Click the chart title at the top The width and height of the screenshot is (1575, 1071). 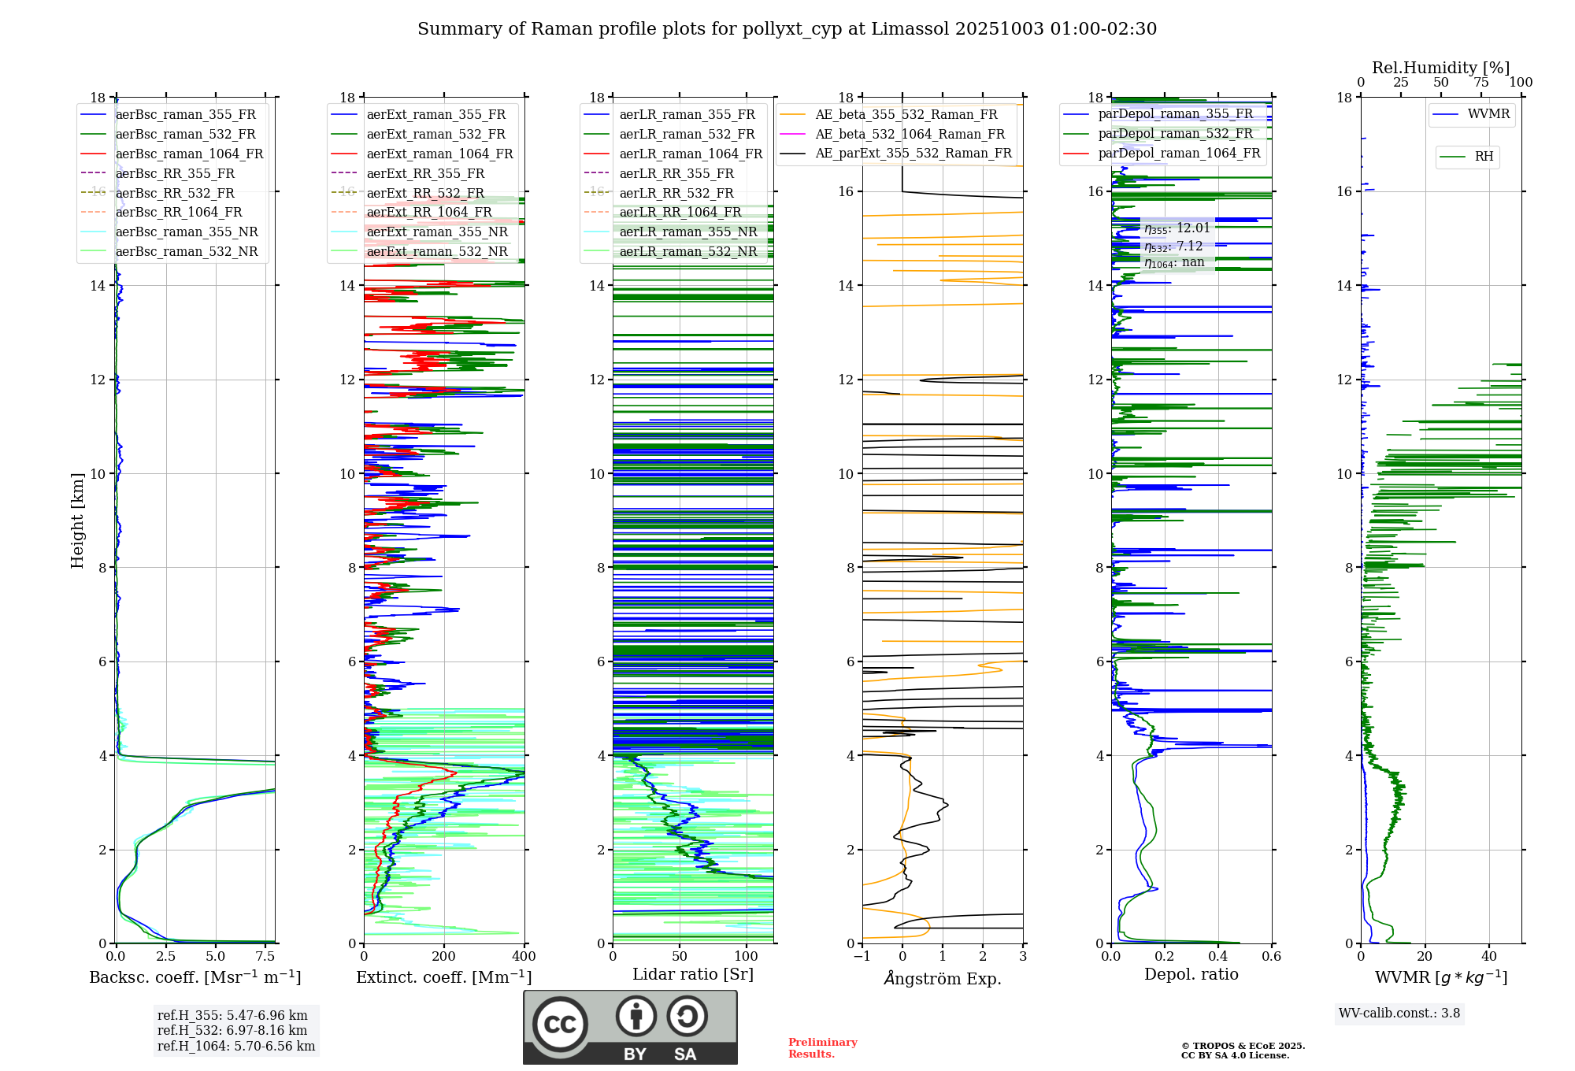(787, 29)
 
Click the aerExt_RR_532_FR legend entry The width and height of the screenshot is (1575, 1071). (425, 193)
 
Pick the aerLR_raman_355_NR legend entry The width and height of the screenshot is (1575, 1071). (687, 232)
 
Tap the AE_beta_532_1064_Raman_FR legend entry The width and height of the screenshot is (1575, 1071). (910, 134)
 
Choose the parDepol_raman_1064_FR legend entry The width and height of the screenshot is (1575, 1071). (1179, 153)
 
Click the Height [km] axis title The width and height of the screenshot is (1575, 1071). (77, 520)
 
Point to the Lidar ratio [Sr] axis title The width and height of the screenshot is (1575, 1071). (693, 974)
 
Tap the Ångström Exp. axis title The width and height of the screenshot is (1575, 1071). (943, 978)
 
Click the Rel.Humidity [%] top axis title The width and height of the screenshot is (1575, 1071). (1440, 68)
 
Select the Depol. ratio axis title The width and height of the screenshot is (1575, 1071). (1191, 974)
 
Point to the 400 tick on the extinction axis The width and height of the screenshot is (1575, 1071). (524, 957)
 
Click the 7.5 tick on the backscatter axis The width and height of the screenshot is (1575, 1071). (265, 957)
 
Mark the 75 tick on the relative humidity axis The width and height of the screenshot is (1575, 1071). (1480, 83)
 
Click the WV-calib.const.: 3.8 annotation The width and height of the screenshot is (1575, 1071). (1399, 1014)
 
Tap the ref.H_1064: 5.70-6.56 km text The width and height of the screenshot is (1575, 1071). (236, 1047)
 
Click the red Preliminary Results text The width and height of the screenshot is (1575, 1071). (822, 1048)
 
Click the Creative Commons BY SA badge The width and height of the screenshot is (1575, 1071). (630, 1027)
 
